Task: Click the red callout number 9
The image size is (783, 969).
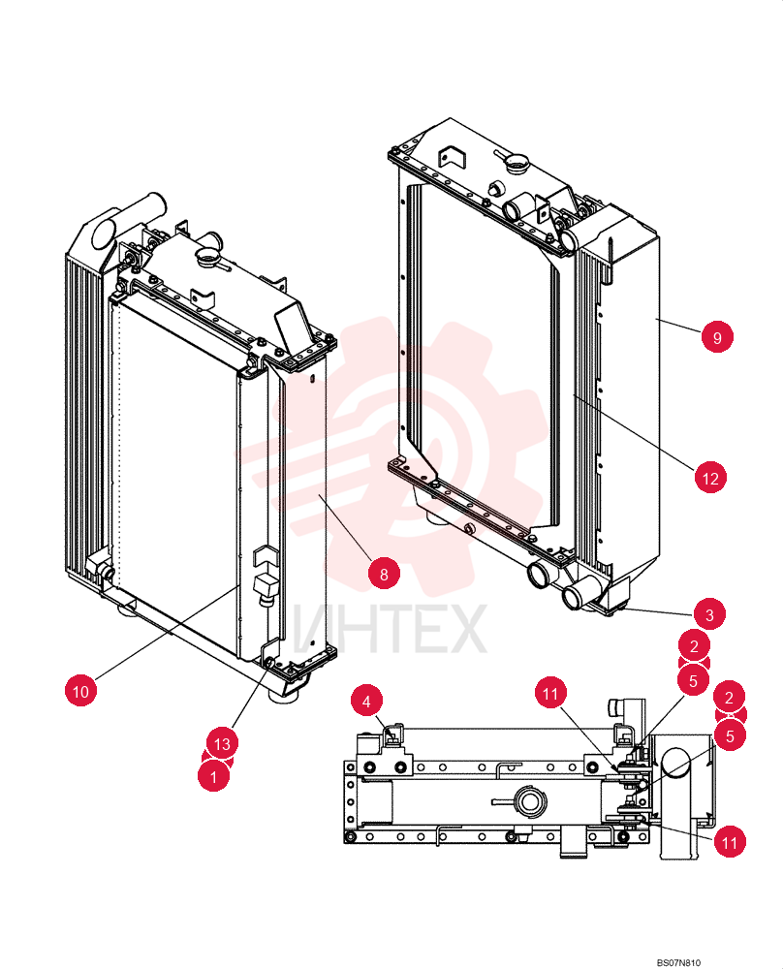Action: (x=717, y=337)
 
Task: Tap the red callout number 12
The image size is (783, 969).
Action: (x=710, y=478)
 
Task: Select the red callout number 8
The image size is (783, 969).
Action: (x=384, y=574)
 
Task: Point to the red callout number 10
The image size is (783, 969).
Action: (x=81, y=690)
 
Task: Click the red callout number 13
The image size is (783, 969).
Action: (x=222, y=743)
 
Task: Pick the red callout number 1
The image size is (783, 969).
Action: (x=213, y=775)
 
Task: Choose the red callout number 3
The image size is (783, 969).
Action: (x=708, y=614)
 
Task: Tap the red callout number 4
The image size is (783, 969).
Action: (x=366, y=702)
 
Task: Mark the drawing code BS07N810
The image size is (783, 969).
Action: (x=678, y=962)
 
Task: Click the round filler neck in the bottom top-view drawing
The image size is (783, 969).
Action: (x=530, y=801)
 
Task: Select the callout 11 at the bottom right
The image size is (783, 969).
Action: (x=730, y=842)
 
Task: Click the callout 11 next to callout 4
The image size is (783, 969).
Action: (x=550, y=693)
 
